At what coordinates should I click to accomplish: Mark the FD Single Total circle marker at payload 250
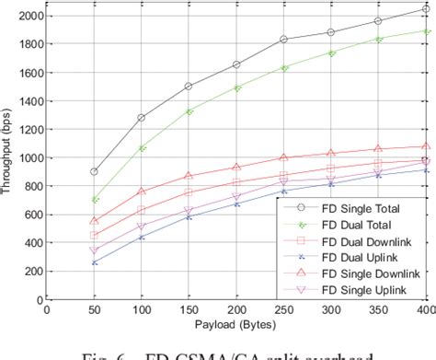pyautogui.click(x=283, y=40)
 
